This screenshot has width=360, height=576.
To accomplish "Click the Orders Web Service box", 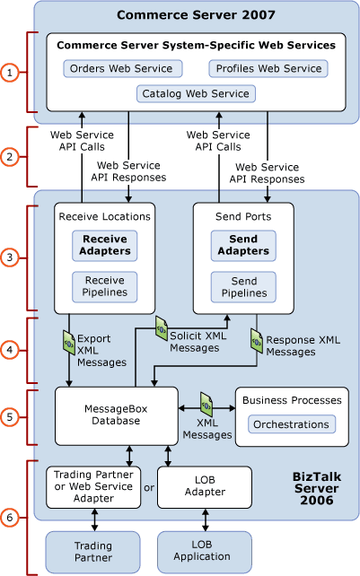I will point(123,68).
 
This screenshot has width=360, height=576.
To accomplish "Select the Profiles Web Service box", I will point(268,68).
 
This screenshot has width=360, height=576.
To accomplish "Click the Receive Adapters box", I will point(106,245).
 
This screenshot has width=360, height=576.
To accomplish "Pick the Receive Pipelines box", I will point(105,287).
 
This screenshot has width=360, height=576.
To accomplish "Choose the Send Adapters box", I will point(243,245).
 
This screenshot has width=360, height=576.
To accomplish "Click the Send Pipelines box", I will point(243,287).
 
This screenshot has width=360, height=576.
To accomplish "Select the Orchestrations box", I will point(291,423).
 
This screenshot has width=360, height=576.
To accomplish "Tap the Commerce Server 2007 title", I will point(196,16).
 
